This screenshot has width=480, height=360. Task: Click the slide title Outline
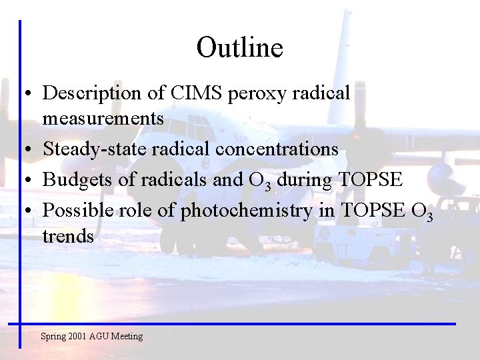point(239,47)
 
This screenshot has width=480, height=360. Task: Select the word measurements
point(103,118)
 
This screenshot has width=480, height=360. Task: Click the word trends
point(68,236)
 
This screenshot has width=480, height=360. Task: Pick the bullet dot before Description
point(23,94)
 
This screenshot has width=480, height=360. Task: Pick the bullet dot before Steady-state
point(23,150)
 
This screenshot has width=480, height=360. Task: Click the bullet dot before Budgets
point(23,181)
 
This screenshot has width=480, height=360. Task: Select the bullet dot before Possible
point(23,211)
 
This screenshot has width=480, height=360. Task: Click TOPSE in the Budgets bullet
point(370,180)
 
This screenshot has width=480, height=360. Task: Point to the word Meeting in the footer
point(127,336)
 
